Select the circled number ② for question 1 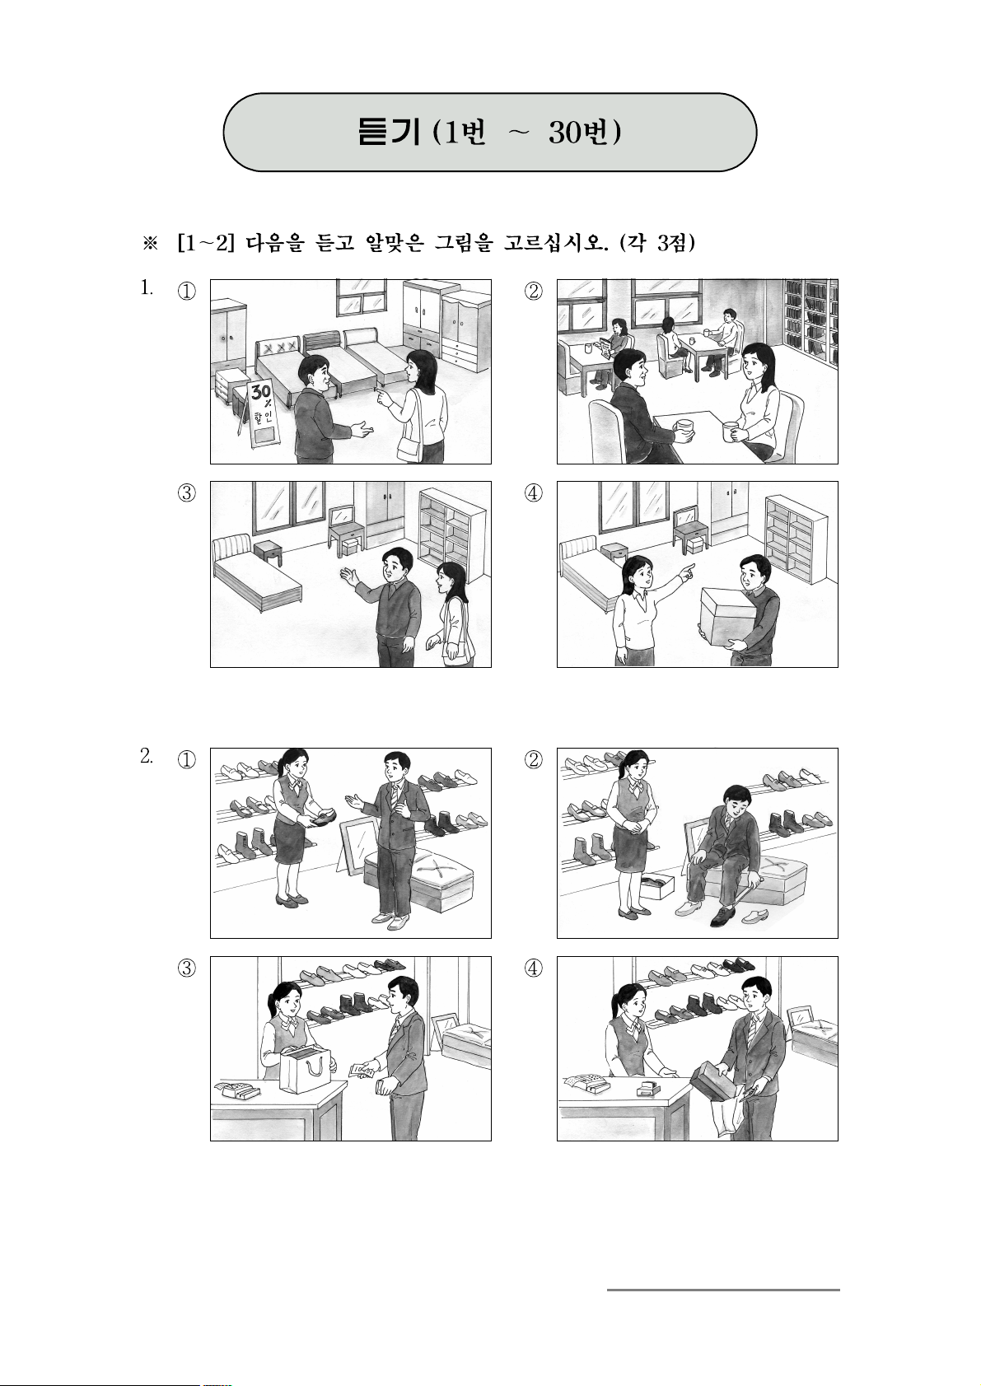pos(533,291)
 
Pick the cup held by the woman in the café pos(731,430)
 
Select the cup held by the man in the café pos(684,427)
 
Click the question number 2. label pos(146,756)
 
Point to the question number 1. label pos(146,287)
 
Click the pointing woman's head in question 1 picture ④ pos(638,573)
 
